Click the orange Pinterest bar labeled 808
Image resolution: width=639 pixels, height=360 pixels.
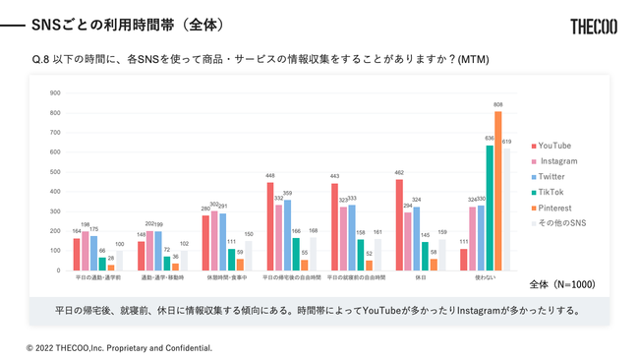pos(498,191)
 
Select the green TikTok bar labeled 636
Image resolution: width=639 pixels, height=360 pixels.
pos(490,208)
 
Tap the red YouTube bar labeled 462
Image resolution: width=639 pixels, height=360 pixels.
pos(399,225)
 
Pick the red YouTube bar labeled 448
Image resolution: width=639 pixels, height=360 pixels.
pos(270,226)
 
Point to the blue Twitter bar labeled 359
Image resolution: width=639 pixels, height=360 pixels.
pos(287,235)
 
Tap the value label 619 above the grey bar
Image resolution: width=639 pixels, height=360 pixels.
pos(507,143)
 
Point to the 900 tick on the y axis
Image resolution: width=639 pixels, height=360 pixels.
pos(55,93)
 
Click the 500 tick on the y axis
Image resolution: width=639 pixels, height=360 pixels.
pos(55,172)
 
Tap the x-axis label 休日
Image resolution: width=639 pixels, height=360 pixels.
pos(420,278)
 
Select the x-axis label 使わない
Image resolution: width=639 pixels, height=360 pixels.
pos(485,278)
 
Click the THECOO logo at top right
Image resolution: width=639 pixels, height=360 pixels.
pos(593,27)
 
